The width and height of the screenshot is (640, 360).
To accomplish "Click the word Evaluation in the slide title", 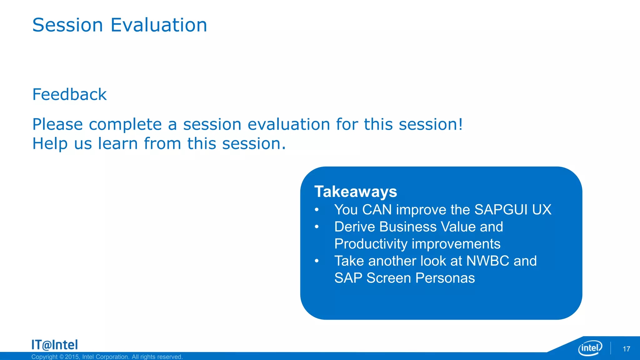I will click(159, 25).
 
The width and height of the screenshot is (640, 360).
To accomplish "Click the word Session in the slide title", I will click(67, 25).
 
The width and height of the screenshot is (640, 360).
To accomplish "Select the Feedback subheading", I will click(69, 94).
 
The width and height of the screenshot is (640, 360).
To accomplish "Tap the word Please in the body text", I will click(57, 124).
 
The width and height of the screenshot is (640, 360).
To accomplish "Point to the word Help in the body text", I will click(50, 144).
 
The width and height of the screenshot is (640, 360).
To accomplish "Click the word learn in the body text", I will click(118, 144).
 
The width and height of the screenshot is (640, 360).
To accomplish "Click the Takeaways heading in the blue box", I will click(356, 192).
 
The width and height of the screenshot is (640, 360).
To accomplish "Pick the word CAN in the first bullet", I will click(377, 210).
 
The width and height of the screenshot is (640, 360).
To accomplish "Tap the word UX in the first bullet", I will click(542, 210).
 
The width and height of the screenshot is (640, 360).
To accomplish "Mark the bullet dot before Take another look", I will click(317, 261).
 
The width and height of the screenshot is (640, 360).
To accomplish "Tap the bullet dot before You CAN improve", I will click(317, 209).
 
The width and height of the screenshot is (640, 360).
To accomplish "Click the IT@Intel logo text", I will click(55, 345).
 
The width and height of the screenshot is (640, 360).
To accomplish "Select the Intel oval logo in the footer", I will click(590, 348).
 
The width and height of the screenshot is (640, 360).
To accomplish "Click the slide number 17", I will click(626, 349).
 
